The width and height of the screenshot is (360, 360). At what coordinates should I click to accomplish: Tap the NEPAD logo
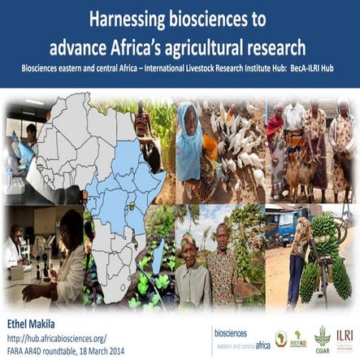click(x=297, y=336)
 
